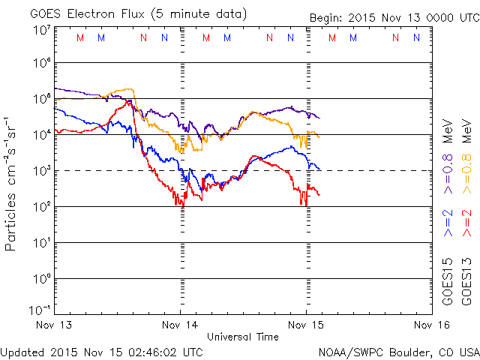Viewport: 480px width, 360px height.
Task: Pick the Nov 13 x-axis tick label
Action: [x=55, y=325]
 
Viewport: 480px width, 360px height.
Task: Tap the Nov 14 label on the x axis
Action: [x=181, y=325]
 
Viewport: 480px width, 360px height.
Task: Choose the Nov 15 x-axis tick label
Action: [x=307, y=325]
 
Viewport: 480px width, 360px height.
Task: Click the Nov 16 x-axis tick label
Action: [x=431, y=325]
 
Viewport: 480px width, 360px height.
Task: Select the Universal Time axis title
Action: [x=243, y=337]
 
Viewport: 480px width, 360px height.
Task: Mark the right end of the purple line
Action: [x=319, y=118]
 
